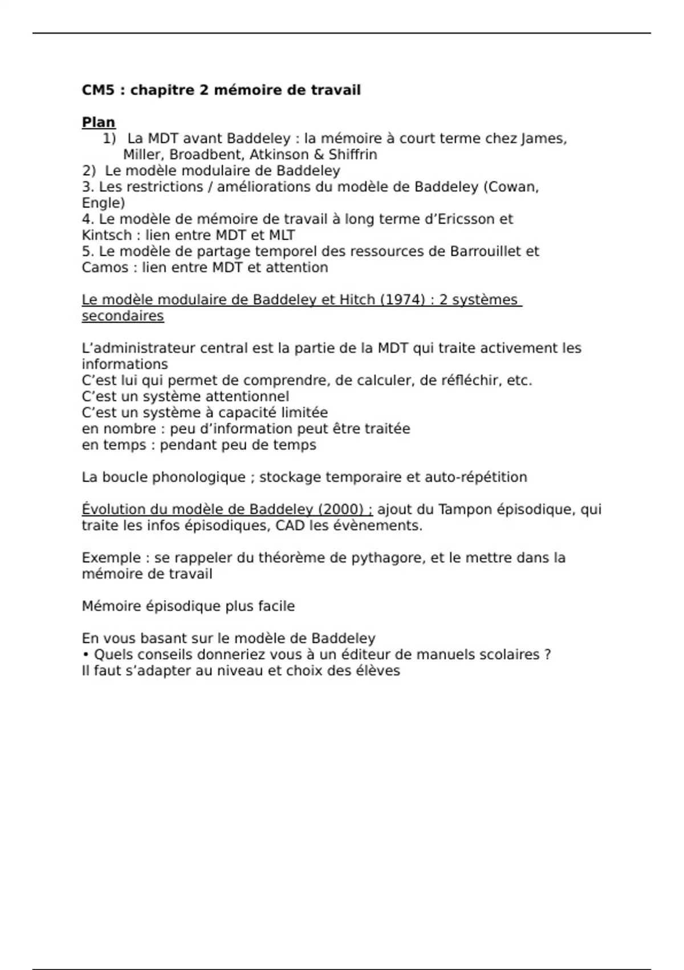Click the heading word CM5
97,90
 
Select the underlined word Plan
99,123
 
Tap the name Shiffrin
353,155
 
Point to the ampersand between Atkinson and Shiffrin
319,155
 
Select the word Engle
103,203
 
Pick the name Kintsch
104,235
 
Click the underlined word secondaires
123,316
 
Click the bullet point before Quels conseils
86,654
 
